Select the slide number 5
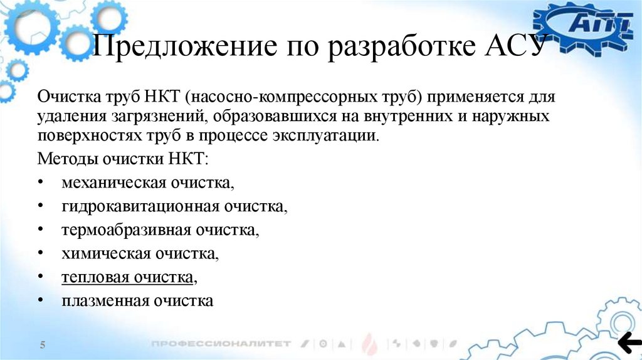pos(43,345)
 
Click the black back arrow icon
pos(629,342)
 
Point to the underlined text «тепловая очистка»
pos(127,277)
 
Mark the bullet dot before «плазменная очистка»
pos(41,301)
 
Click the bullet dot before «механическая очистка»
pos(41,183)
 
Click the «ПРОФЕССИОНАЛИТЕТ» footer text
pos(221,344)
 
